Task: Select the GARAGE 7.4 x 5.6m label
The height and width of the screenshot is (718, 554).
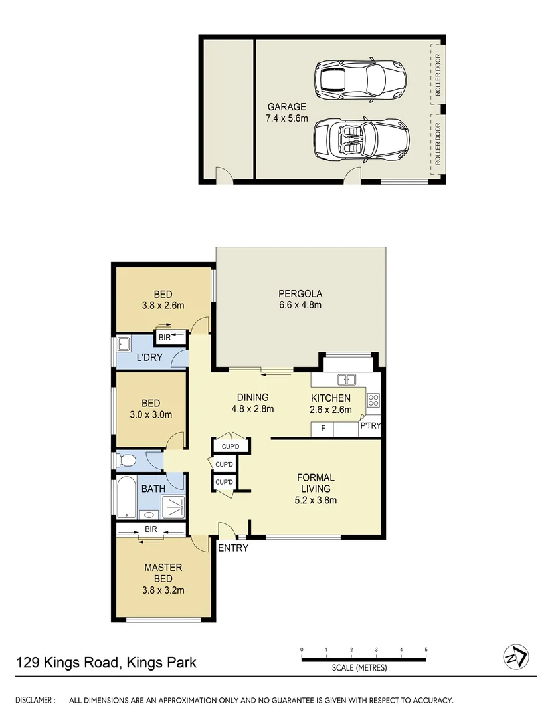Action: point(287,112)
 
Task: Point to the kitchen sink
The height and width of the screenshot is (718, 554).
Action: point(347,380)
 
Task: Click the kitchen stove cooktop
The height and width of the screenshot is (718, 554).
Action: point(373,400)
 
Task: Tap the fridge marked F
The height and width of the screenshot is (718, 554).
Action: point(323,429)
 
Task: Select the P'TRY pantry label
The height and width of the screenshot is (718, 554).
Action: point(370,426)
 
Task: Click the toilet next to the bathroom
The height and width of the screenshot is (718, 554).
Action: point(126,460)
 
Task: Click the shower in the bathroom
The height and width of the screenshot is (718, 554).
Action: point(173,507)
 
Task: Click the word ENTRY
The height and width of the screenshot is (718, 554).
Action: point(233,548)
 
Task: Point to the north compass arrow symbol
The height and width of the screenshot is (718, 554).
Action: point(516,657)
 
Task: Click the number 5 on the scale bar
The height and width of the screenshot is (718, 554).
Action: point(425,650)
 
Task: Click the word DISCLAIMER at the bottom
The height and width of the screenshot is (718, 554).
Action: point(35,700)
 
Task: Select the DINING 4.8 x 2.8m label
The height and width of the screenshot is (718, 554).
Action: point(252,404)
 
